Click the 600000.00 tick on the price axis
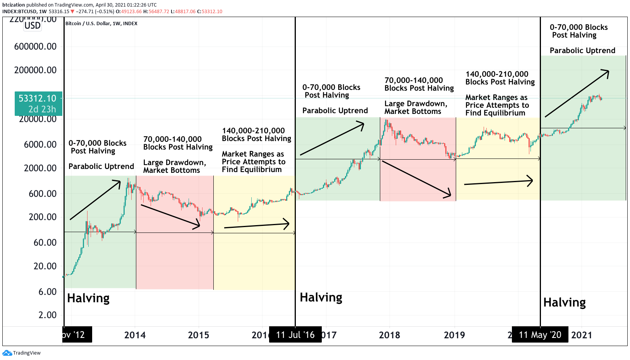35,47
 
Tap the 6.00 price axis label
47,292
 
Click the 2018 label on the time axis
389,335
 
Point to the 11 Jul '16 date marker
295,335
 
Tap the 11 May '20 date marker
540,335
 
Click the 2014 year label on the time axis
135,335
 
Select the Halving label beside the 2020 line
564,303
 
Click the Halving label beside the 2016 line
321,298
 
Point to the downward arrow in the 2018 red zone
416,179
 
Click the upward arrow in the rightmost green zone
577,93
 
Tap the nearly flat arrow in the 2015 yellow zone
257,225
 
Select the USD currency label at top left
32,26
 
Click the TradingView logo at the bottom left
21,353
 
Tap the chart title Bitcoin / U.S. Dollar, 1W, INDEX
101,24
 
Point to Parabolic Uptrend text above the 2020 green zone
582,51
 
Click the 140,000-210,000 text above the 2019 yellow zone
496,74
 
